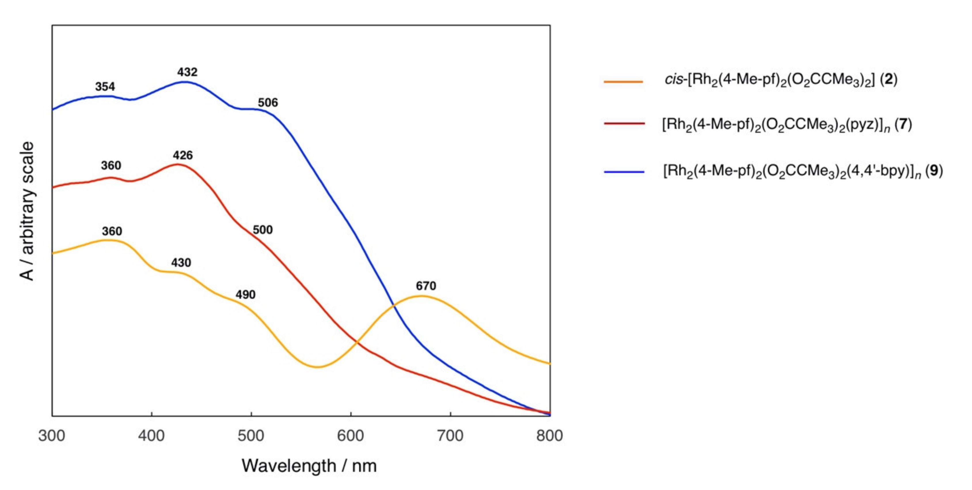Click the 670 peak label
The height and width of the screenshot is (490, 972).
pos(426,286)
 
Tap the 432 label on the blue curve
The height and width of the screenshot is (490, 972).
pos(187,72)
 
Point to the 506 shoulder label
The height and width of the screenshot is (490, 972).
pos(268,103)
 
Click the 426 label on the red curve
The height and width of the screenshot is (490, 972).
pos(183,155)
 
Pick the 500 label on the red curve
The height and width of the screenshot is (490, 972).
pos(263,230)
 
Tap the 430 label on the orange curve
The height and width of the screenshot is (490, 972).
pos(181,263)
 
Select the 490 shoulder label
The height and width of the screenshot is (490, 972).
pos(246,295)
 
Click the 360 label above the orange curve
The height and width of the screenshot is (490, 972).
pos(112,231)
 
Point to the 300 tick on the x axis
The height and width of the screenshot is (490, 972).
pos(52,436)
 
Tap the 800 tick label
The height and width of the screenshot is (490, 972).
pos(549,436)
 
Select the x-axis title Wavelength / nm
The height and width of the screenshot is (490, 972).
pos(309,466)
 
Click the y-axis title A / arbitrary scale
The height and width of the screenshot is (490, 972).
pos(27,211)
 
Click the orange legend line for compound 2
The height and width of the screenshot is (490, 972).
pos(623,81)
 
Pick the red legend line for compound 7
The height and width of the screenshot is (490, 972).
pos(624,124)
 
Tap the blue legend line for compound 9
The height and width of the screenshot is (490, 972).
pos(624,172)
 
